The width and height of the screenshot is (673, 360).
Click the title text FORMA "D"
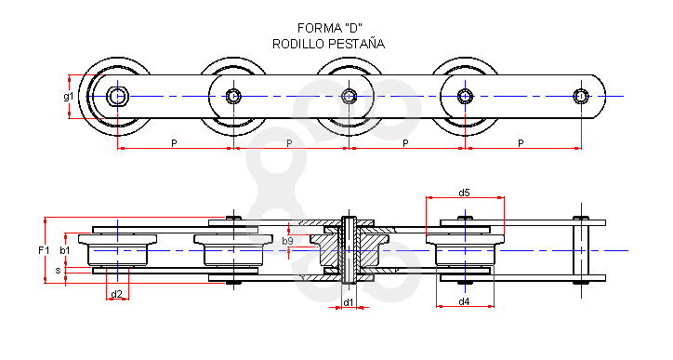pyautogui.click(x=330, y=28)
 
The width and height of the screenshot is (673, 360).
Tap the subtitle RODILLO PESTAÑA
pyautogui.click(x=328, y=44)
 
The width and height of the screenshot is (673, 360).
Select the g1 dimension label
pyautogui.click(x=68, y=97)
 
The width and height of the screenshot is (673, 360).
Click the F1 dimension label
pyautogui.click(x=44, y=250)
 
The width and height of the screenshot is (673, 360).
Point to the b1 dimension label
pyautogui.click(x=64, y=250)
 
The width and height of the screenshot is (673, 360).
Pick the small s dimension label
pyautogui.click(x=58, y=271)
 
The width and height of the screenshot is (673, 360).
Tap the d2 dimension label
pyautogui.click(x=117, y=294)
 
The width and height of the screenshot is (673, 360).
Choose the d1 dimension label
pyautogui.click(x=349, y=302)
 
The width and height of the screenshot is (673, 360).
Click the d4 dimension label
pyautogui.click(x=464, y=301)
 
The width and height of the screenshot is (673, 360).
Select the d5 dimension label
pyautogui.click(x=464, y=193)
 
